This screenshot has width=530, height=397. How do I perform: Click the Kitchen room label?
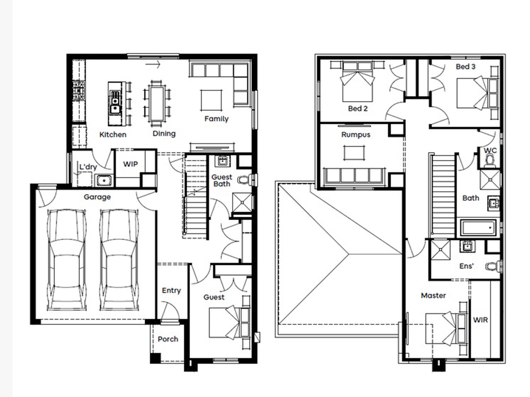(x=113, y=135)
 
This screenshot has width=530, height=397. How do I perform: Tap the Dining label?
(x=164, y=134)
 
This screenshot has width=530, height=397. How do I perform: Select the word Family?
(x=216, y=119)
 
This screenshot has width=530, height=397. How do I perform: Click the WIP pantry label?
(x=131, y=164)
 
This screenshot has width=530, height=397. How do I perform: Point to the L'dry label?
(x=88, y=167)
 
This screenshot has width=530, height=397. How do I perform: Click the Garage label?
(x=97, y=197)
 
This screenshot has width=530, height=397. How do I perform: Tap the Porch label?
(x=168, y=339)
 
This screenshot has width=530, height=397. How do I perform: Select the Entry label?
(x=171, y=291)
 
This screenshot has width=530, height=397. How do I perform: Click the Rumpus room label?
(x=356, y=135)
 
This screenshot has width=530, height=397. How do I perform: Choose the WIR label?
(x=480, y=320)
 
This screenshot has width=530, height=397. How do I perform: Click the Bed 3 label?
(x=466, y=67)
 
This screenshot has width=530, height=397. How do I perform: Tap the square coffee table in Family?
(x=211, y=100)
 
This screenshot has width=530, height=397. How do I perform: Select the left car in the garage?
(x=66, y=260)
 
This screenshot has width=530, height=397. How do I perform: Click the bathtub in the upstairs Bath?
(x=478, y=228)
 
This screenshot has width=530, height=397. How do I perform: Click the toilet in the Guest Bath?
(x=244, y=180)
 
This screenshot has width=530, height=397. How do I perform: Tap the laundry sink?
(x=104, y=181)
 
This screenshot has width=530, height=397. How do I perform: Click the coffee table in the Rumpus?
(x=354, y=153)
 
